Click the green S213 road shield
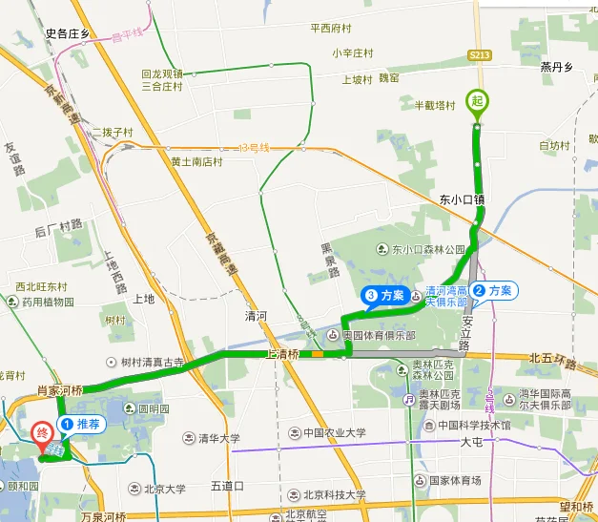(480, 57)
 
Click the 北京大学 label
(164, 490)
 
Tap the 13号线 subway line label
(255, 148)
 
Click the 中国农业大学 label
(329, 432)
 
